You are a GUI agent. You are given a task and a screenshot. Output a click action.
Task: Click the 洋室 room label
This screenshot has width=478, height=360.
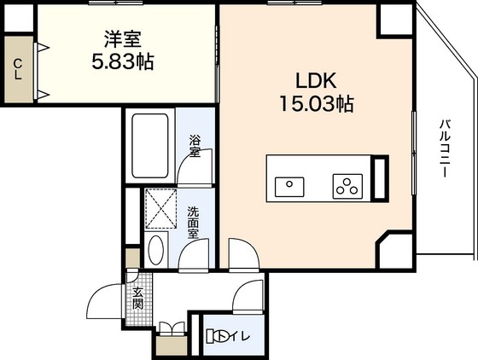123,39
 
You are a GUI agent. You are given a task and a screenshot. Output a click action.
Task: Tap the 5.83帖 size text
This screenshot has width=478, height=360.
123,61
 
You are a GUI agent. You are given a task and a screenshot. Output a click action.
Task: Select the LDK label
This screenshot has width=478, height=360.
316,81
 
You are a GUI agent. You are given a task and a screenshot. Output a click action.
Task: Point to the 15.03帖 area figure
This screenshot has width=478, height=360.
317,103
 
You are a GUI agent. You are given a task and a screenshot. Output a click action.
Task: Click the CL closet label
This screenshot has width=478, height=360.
18,69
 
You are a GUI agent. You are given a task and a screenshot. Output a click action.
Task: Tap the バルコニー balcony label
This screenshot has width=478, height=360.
445,148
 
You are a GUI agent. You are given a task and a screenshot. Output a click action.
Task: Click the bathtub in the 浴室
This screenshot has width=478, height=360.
150,146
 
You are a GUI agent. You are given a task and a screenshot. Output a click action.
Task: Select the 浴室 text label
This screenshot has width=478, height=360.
195,147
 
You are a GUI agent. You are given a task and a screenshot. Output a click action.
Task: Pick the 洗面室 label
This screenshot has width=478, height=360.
193,223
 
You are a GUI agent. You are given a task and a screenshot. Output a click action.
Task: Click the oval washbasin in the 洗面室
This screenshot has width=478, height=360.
155,250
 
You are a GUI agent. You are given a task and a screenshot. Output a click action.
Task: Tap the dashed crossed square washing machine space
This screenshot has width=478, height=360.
161,208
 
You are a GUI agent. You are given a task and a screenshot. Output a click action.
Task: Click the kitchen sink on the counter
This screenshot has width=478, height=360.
289,187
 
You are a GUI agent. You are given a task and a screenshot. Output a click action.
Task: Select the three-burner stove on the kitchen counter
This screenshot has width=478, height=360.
347,186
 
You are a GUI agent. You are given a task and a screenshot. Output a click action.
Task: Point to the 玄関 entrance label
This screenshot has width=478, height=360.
137,299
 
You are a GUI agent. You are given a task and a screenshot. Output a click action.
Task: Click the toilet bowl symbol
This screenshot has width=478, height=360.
217,337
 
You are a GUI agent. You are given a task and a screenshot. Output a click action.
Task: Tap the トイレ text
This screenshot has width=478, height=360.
238,337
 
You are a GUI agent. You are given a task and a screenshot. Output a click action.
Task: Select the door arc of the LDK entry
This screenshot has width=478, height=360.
248,247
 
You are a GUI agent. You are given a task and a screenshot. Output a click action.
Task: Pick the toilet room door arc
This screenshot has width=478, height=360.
242,287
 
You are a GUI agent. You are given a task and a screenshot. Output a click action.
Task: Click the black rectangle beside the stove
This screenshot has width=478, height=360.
380,178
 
